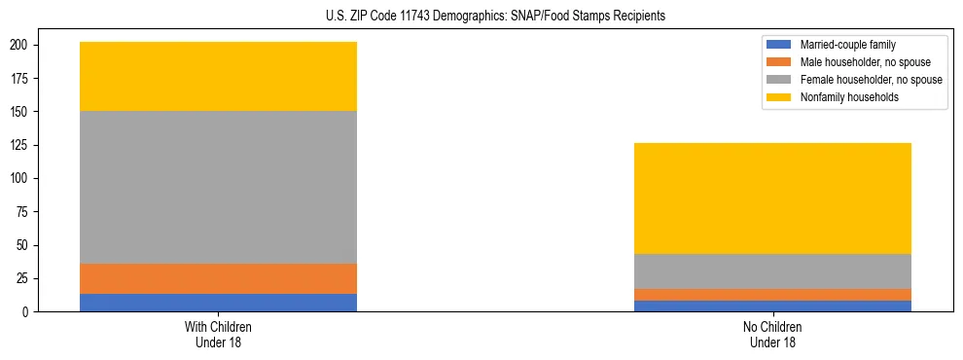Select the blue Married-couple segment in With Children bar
tap(218, 303)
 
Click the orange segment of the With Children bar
tap(218, 278)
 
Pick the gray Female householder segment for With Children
tap(218, 188)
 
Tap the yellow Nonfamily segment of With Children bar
tap(218, 77)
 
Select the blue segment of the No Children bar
tap(772, 306)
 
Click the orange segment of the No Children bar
tap(772, 295)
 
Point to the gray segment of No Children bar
tap(772, 271)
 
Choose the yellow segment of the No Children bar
tap(772, 198)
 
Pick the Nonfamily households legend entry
tap(842, 97)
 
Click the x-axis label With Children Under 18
tap(218, 334)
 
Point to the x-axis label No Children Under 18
tap(772, 334)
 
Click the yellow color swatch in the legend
tap(779, 97)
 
